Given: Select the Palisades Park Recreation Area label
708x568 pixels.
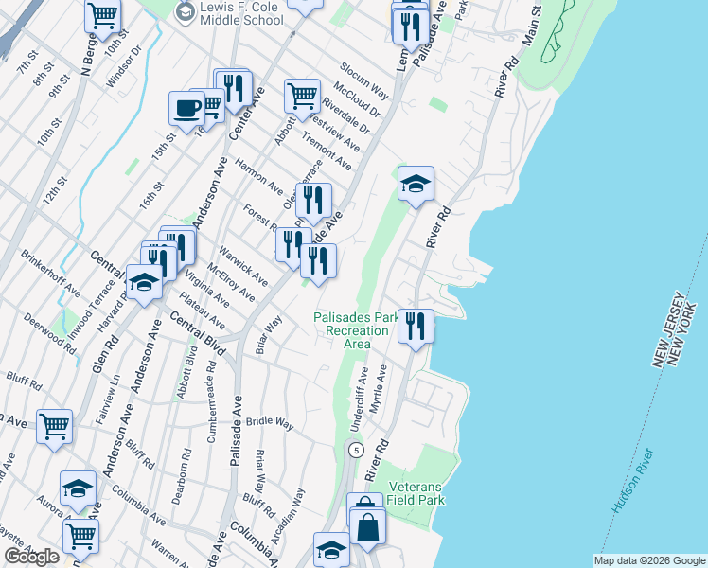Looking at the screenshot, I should pos(356,330).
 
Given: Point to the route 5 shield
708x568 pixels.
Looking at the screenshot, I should pos(355,449).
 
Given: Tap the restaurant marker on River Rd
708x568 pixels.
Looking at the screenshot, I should pos(416,326).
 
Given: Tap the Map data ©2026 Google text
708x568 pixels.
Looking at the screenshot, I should pos(649,560).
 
